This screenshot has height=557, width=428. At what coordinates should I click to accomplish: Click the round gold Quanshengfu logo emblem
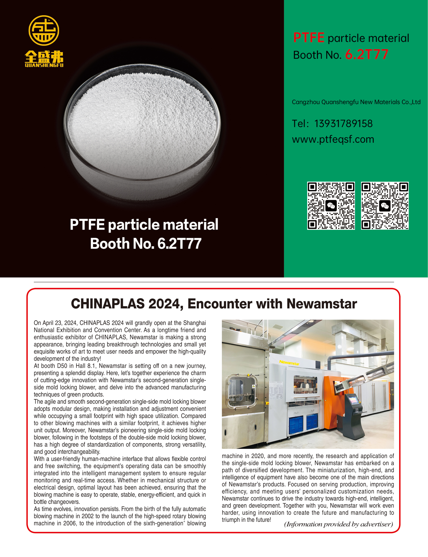point(44,30)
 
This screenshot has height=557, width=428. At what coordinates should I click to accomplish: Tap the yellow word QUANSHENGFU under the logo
point(44,65)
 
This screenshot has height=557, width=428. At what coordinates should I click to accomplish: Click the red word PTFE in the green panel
point(308,38)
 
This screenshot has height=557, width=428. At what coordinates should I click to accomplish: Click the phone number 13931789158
point(343,124)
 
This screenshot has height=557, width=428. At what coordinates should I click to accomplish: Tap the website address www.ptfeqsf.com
point(333,139)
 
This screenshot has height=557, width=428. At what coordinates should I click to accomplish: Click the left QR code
point(331,205)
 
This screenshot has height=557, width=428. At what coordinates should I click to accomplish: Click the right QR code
point(385,205)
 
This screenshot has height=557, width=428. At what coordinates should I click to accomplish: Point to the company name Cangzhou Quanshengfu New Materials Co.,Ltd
point(356,102)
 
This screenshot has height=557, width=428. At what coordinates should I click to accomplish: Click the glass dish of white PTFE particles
point(142,132)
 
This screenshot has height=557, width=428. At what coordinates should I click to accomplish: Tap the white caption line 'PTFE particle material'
point(144,225)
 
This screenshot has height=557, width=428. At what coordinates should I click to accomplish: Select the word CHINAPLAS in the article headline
point(108,304)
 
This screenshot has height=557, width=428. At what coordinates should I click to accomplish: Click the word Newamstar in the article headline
point(322,304)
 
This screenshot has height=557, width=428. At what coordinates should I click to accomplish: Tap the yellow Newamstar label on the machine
point(289,362)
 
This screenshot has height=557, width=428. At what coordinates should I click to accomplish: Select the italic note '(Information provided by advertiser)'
point(338,524)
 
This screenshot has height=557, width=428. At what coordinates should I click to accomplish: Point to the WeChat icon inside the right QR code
point(385,206)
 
